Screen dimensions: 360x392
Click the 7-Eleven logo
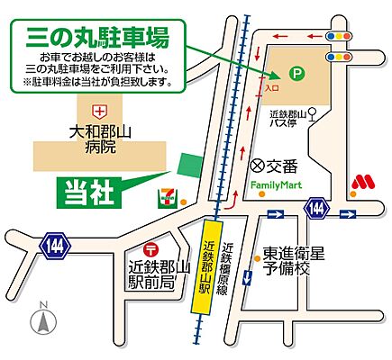coord(167,193)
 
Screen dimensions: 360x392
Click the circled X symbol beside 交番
coord(257,166)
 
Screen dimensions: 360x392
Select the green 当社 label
coord(84,191)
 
